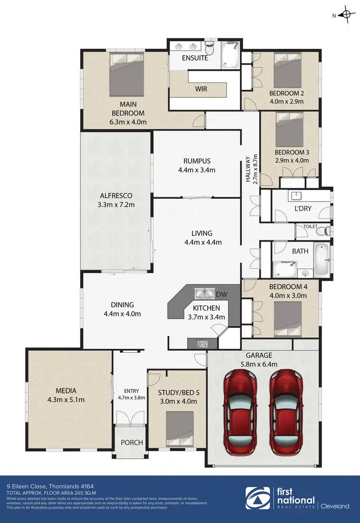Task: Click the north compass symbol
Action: (345, 15)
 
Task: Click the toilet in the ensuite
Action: (210, 49)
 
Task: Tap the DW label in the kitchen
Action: (222, 294)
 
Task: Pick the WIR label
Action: (201, 89)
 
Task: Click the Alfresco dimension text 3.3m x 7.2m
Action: (116, 205)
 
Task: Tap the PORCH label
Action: (131, 442)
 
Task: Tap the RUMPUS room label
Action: (197, 161)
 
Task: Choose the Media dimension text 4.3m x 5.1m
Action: (66, 400)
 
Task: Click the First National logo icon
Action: (256, 499)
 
